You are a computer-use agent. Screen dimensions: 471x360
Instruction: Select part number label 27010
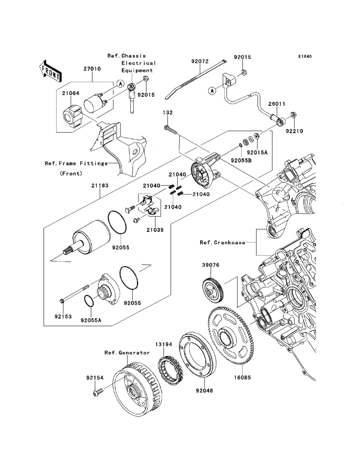92,69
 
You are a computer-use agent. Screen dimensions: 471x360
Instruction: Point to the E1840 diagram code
304,56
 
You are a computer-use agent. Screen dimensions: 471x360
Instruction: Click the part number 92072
200,62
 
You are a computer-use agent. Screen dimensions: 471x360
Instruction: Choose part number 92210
294,132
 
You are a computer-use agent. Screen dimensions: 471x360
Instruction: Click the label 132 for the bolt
168,113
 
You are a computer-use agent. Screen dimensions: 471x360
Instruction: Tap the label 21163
100,186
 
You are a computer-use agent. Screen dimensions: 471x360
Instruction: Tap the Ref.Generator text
127,353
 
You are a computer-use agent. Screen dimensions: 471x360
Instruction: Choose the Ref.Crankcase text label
222,242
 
